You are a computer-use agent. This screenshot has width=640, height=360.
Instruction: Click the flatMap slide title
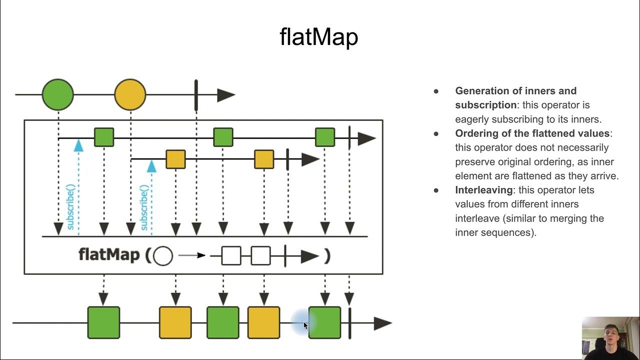(319, 37)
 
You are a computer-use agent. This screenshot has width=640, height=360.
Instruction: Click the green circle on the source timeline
(58, 94)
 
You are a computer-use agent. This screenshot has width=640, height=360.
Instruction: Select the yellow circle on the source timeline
(130, 94)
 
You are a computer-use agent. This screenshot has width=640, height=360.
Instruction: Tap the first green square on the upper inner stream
(104, 137)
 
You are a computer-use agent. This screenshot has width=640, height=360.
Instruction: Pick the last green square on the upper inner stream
(325, 137)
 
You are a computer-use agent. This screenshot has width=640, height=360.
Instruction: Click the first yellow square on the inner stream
(175, 159)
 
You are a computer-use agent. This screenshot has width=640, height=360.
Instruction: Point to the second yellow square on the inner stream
(264, 159)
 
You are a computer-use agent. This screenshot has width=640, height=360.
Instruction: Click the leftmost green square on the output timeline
(103, 323)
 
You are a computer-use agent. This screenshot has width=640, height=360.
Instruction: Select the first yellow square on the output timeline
(175, 323)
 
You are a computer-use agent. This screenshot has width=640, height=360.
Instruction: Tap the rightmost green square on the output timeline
(325, 323)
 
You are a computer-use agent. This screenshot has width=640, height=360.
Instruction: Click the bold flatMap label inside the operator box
(109, 255)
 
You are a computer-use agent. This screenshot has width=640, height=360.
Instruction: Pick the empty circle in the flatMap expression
(163, 256)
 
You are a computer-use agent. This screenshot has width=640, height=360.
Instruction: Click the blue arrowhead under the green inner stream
(78, 145)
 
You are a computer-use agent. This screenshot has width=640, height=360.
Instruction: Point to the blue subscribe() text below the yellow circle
(144, 207)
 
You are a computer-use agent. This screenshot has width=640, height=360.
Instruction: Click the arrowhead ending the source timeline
(225, 95)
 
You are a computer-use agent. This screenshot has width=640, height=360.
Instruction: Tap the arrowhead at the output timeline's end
(382, 323)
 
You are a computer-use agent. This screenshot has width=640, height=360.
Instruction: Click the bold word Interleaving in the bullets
(483, 190)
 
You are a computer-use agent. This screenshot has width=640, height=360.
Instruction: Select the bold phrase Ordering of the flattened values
(532, 133)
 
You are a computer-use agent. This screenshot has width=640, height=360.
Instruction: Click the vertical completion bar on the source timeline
(196, 95)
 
